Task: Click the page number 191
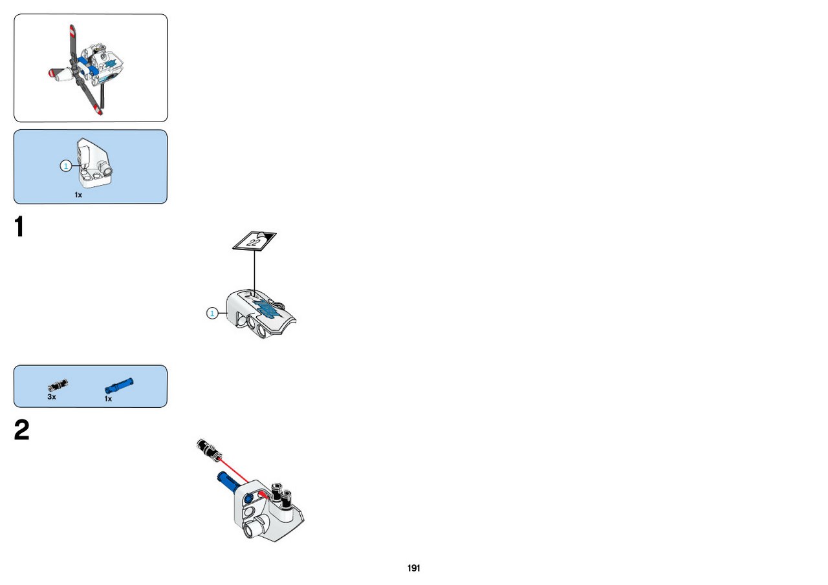[413, 568]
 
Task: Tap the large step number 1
[19, 226]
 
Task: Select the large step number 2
[21, 430]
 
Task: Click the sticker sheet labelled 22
[254, 240]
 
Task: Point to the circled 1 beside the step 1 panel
[212, 314]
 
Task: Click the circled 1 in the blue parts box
[66, 166]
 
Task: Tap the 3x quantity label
[52, 397]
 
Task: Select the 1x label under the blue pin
[108, 399]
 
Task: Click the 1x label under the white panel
[78, 195]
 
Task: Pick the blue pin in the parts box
[119, 385]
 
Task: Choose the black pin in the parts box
[58, 385]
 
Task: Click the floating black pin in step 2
[209, 449]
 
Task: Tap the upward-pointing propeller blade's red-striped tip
[72, 32]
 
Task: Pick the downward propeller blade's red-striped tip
[98, 110]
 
